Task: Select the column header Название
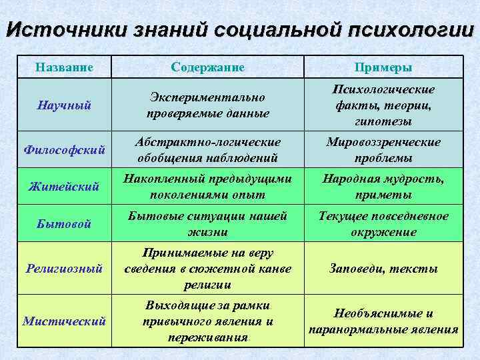coord(63,67)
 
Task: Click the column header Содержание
coord(207,67)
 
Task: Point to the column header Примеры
coord(383,67)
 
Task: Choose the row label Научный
coord(63,105)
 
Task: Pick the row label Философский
coord(63,150)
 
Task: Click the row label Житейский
coord(63,187)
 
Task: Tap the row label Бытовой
coord(63,224)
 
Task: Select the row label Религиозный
coord(63,269)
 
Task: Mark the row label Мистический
coord(63,321)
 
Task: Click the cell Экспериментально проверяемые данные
coord(207,105)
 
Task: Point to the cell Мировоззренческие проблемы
coord(383,150)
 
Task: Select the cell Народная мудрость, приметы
coord(383,187)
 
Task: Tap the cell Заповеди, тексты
coord(383,269)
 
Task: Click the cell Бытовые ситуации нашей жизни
coord(207,224)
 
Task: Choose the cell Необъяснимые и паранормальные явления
coord(383,321)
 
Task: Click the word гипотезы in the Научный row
coord(383,122)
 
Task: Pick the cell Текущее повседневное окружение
coord(383,224)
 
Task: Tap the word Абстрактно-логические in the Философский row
coord(207,142)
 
